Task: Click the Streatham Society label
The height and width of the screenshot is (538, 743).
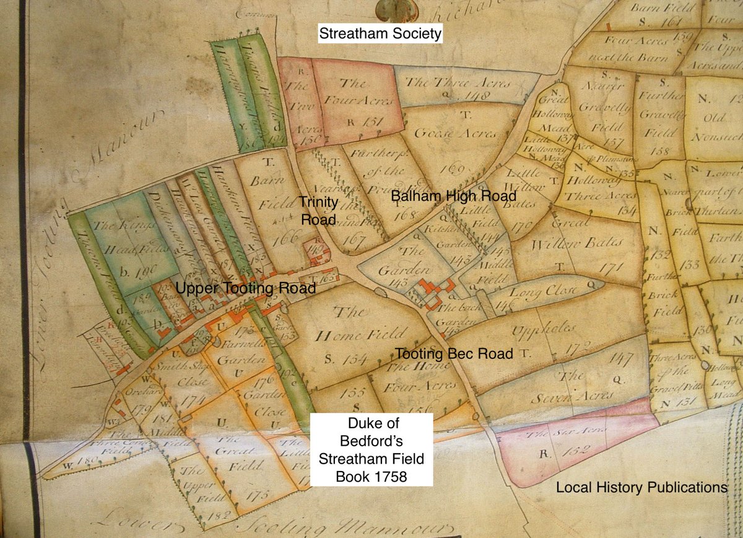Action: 380,33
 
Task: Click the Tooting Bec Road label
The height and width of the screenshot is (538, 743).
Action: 454,354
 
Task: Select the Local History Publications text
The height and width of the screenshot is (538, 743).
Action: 641,487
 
